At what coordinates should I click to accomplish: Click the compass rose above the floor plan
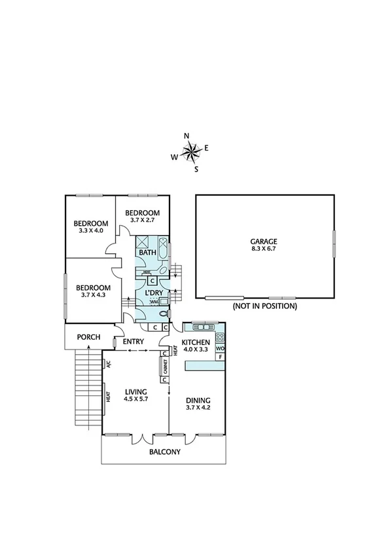(190, 152)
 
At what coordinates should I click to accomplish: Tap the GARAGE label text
(265, 241)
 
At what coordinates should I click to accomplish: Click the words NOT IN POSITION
(264, 306)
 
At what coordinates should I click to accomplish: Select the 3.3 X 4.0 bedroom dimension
(90, 230)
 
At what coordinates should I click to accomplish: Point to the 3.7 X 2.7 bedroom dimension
(142, 221)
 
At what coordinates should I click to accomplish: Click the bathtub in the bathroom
(164, 253)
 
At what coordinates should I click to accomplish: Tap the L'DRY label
(154, 293)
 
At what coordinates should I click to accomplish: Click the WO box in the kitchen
(221, 349)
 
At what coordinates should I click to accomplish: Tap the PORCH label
(88, 337)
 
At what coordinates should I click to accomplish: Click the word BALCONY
(164, 452)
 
